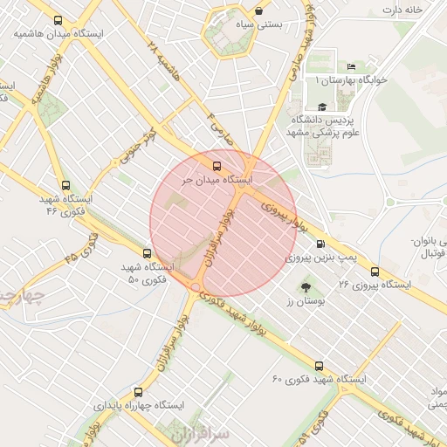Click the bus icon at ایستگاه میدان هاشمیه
coord(58,21)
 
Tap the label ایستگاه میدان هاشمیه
coord(58,34)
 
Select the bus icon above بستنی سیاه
coord(259,12)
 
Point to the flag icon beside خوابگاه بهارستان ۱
coord(351,67)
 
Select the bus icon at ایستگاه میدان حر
coord(217,165)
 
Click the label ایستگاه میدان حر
coord(216,179)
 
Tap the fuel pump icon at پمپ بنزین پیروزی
coord(321,244)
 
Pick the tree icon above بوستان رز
coord(305,286)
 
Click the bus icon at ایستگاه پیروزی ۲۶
coord(375,272)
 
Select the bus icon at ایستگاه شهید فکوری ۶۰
coord(319,367)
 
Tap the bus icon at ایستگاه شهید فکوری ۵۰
coord(146,253)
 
